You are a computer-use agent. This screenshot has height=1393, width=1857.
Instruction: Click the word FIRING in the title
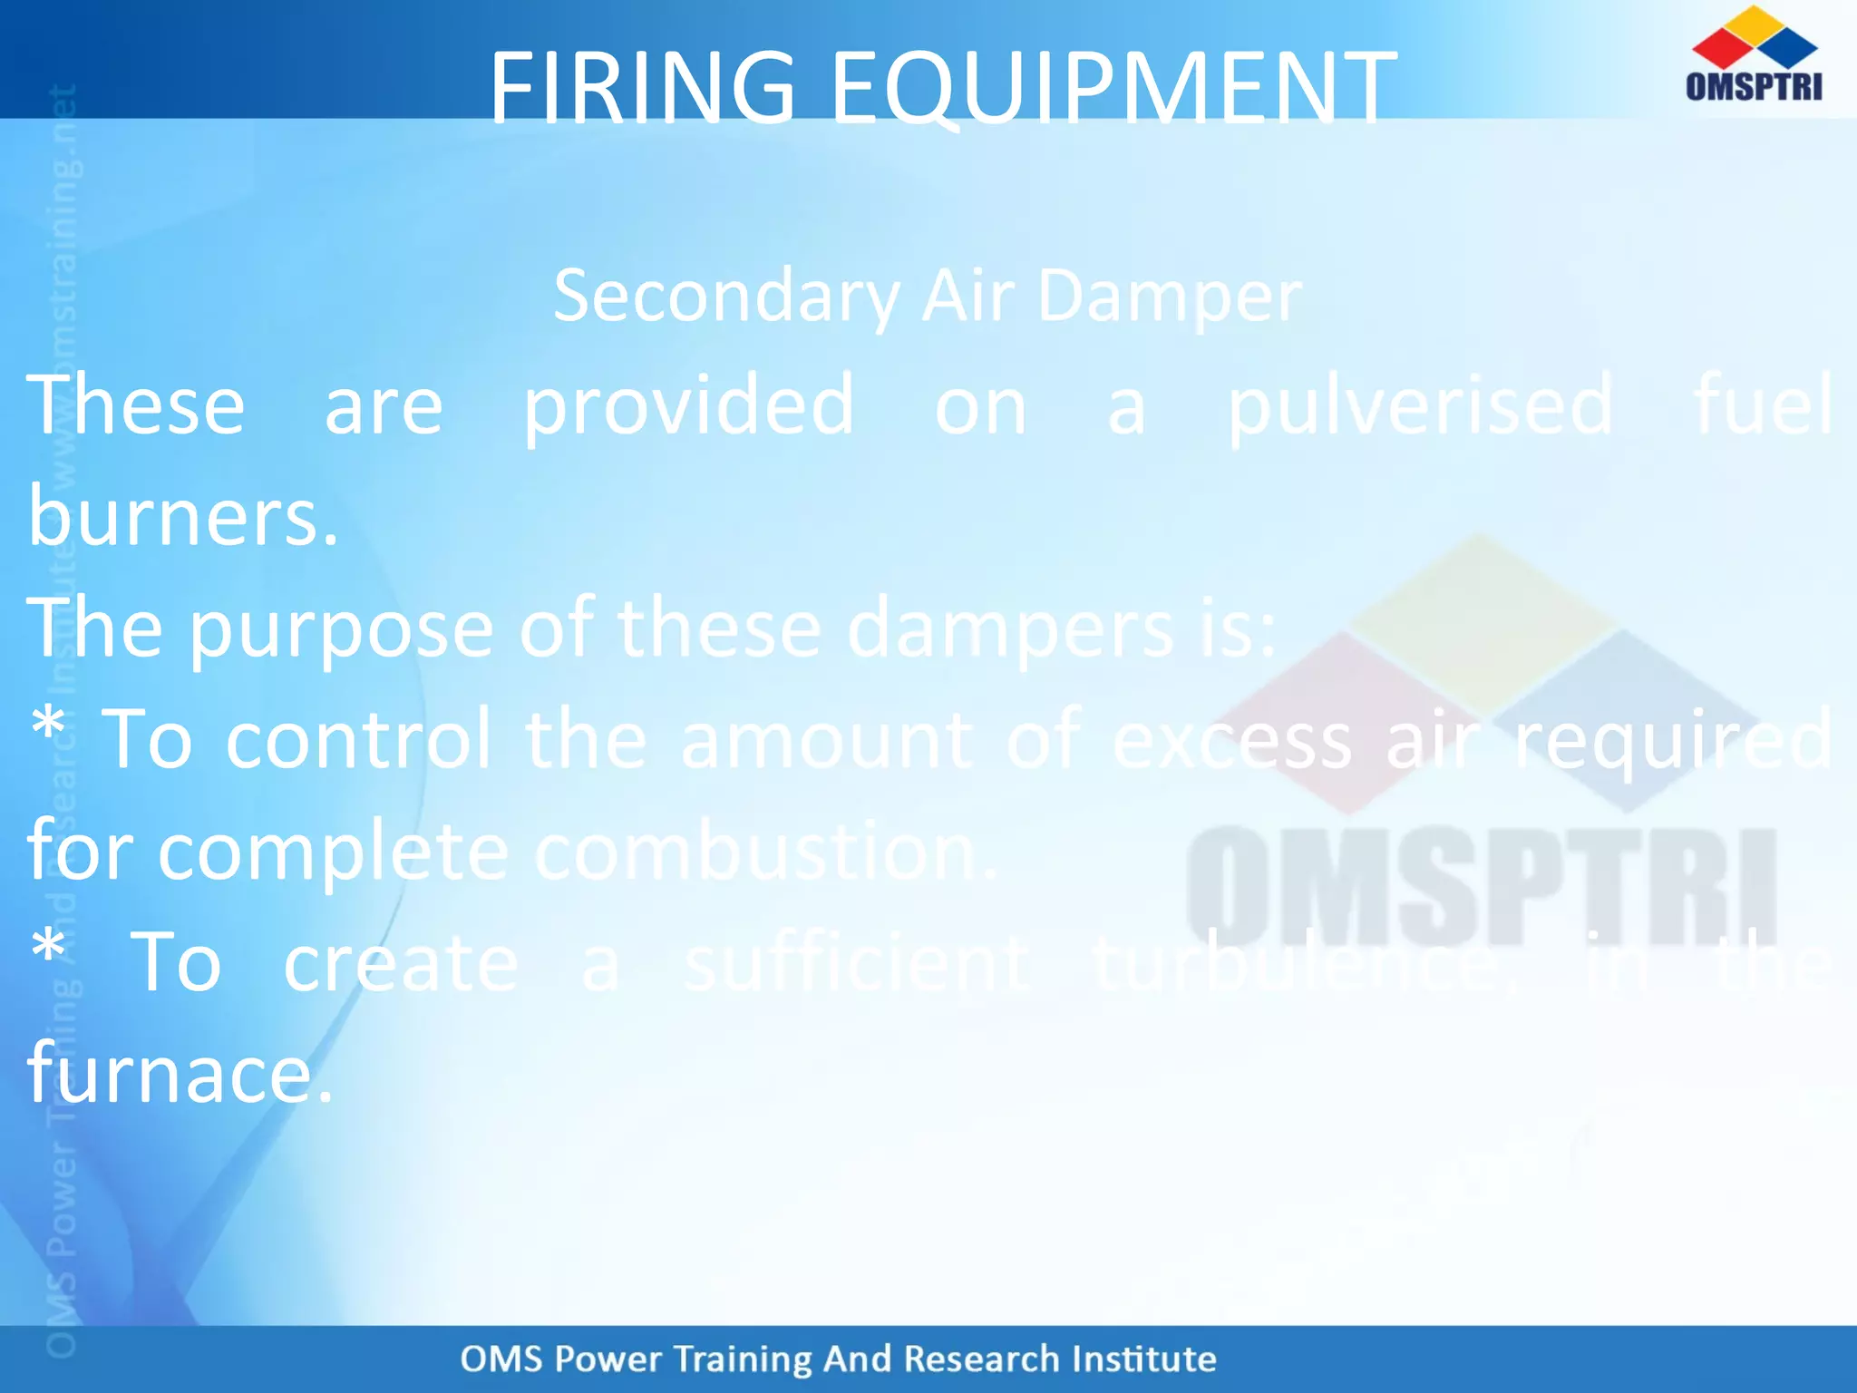click(x=642, y=88)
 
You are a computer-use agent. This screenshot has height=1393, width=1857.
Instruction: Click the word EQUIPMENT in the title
click(x=1113, y=88)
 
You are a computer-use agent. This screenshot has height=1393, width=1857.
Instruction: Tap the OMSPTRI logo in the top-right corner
click(x=1754, y=54)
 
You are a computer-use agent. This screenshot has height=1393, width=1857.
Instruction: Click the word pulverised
click(x=1420, y=405)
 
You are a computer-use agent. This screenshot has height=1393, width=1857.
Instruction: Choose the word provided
click(x=688, y=405)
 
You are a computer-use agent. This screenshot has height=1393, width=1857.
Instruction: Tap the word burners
click(x=182, y=517)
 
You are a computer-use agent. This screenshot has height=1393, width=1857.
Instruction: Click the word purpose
click(x=341, y=628)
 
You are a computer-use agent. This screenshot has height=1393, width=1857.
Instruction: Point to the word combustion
click(x=766, y=852)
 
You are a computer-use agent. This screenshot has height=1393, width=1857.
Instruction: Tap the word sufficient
click(x=857, y=963)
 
